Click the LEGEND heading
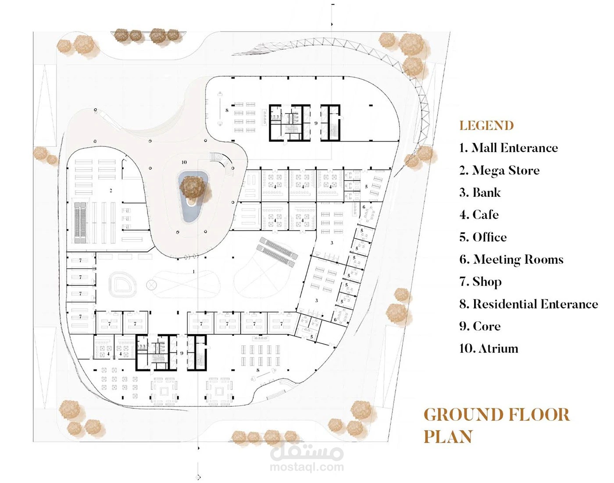[x=486, y=126]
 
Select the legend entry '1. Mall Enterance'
[x=508, y=148]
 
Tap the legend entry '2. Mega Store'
[x=499, y=170]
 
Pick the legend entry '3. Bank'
[x=480, y=192]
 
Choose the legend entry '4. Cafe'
[x=479, y=215]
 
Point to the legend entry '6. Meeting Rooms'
[x=511, y=259]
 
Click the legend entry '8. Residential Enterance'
[x=528, y=304]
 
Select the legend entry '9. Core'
[x=480, y=326]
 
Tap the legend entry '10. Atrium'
[x=489, y=348]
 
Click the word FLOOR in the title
[x=539, y=415]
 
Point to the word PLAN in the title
[x=448, y=437]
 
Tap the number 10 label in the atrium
[x=184, y=162]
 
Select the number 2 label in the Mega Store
[x=111, y=191]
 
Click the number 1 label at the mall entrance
[x=194, y=271]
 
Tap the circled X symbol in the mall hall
[x=151, y=284]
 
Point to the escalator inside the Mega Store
[x=80, y=222]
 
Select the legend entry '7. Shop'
[x=481, y=282]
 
